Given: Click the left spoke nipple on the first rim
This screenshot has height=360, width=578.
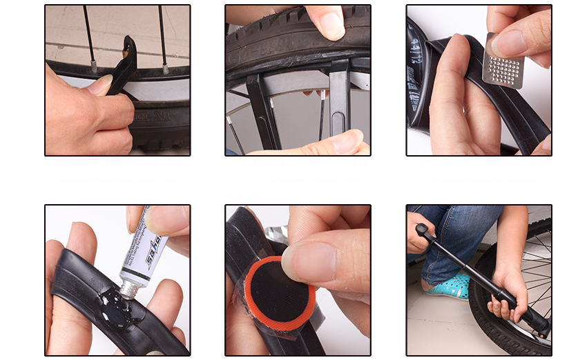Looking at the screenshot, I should point(93,66).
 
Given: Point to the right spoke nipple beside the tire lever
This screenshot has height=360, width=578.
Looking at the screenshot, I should point(166,67).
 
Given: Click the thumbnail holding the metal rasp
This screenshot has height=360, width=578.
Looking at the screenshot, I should point(510,43).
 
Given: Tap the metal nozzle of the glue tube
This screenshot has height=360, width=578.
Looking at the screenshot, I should point(127,288).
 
